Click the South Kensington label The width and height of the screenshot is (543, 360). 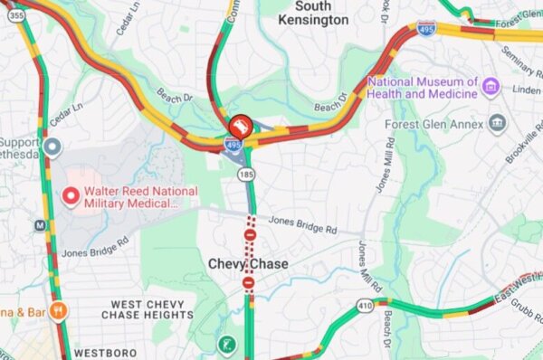point(313,13)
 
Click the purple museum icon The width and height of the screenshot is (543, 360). point(491,87)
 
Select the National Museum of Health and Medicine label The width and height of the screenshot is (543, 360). point(423,88)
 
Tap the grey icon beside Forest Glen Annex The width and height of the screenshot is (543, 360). point(496,123)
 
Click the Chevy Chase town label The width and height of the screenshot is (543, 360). point(248,264)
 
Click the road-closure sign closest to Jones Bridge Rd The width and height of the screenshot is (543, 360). point(250,235)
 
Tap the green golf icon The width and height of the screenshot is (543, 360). point(226,345)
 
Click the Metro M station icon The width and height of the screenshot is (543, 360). point(40,225)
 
